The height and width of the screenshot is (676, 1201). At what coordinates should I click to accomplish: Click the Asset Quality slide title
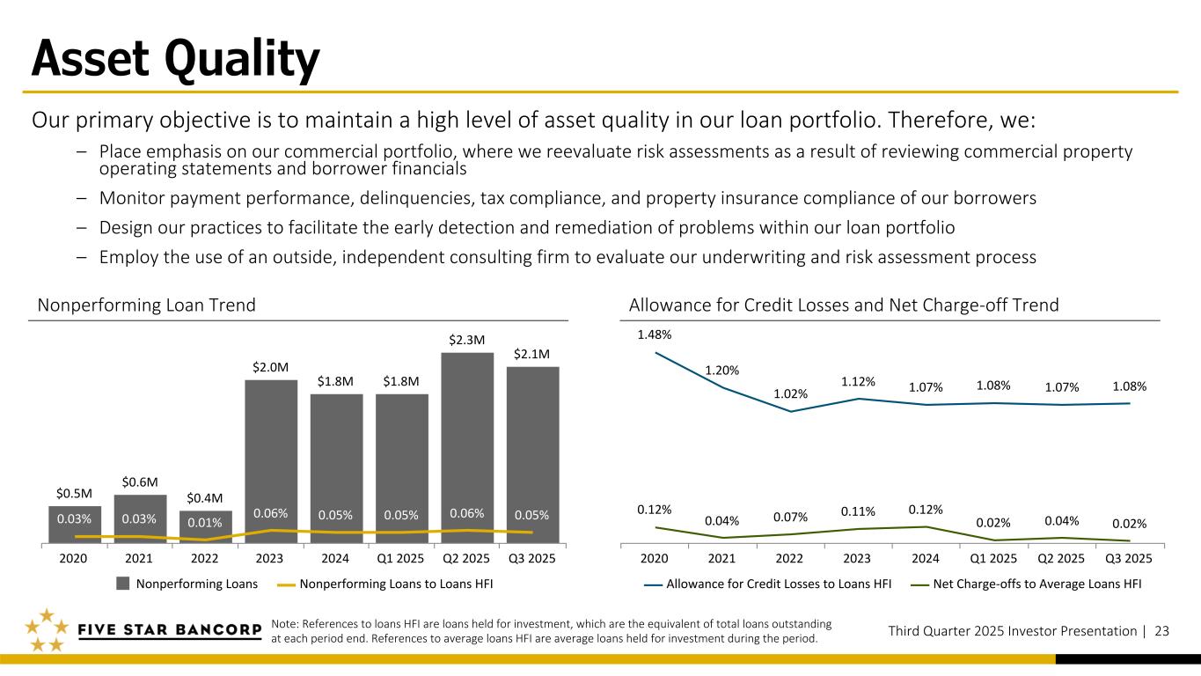(x=175, y=60)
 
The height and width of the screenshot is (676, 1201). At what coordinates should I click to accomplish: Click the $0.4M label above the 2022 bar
(x=206, y=496)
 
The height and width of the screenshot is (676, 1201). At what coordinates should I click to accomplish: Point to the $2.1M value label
(x=532, y=354)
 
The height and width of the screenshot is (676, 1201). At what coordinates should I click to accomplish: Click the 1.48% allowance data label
(x=655, y=334)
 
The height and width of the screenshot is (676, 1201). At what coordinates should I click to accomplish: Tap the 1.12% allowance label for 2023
(x=858, y=381)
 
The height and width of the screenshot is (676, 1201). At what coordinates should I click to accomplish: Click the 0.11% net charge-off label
(x=858, y=511)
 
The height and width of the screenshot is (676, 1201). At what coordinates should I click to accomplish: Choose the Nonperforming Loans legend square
(x=123, y=583)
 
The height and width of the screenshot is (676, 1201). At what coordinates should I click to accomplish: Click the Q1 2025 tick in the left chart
(x=402, y=558)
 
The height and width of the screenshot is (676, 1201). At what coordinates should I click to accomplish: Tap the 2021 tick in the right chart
(x=722, y=558)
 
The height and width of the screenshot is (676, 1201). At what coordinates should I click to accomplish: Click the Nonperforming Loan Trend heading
(x=147, y=305)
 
